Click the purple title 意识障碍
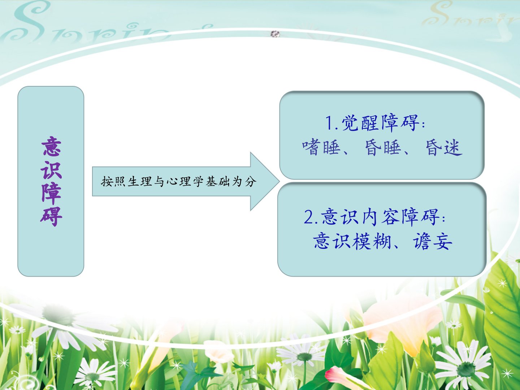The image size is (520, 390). pos(51,181)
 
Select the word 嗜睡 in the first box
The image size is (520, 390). pos(321,147)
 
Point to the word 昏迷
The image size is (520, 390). pos(444,148)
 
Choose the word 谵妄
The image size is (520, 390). pos(433,241)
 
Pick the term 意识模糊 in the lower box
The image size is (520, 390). pos(352,241)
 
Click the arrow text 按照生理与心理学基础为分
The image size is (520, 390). pos(179,182)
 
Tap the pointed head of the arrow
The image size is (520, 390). pos(279,182)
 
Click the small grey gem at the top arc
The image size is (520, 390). pos(275,34)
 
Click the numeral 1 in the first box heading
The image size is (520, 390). pos(329,123)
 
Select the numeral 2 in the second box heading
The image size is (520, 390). pos(309,217)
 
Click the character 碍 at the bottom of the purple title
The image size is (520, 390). pos(51,216)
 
